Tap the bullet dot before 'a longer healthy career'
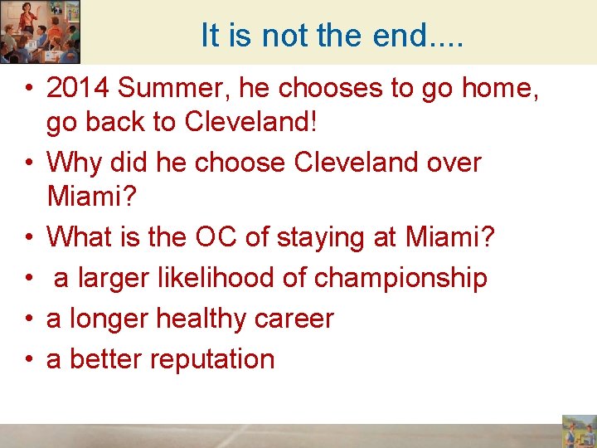[29, 319]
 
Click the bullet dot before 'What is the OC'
[29, 238]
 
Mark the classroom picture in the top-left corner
[40, 32]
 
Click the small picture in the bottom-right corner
[578, 431]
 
